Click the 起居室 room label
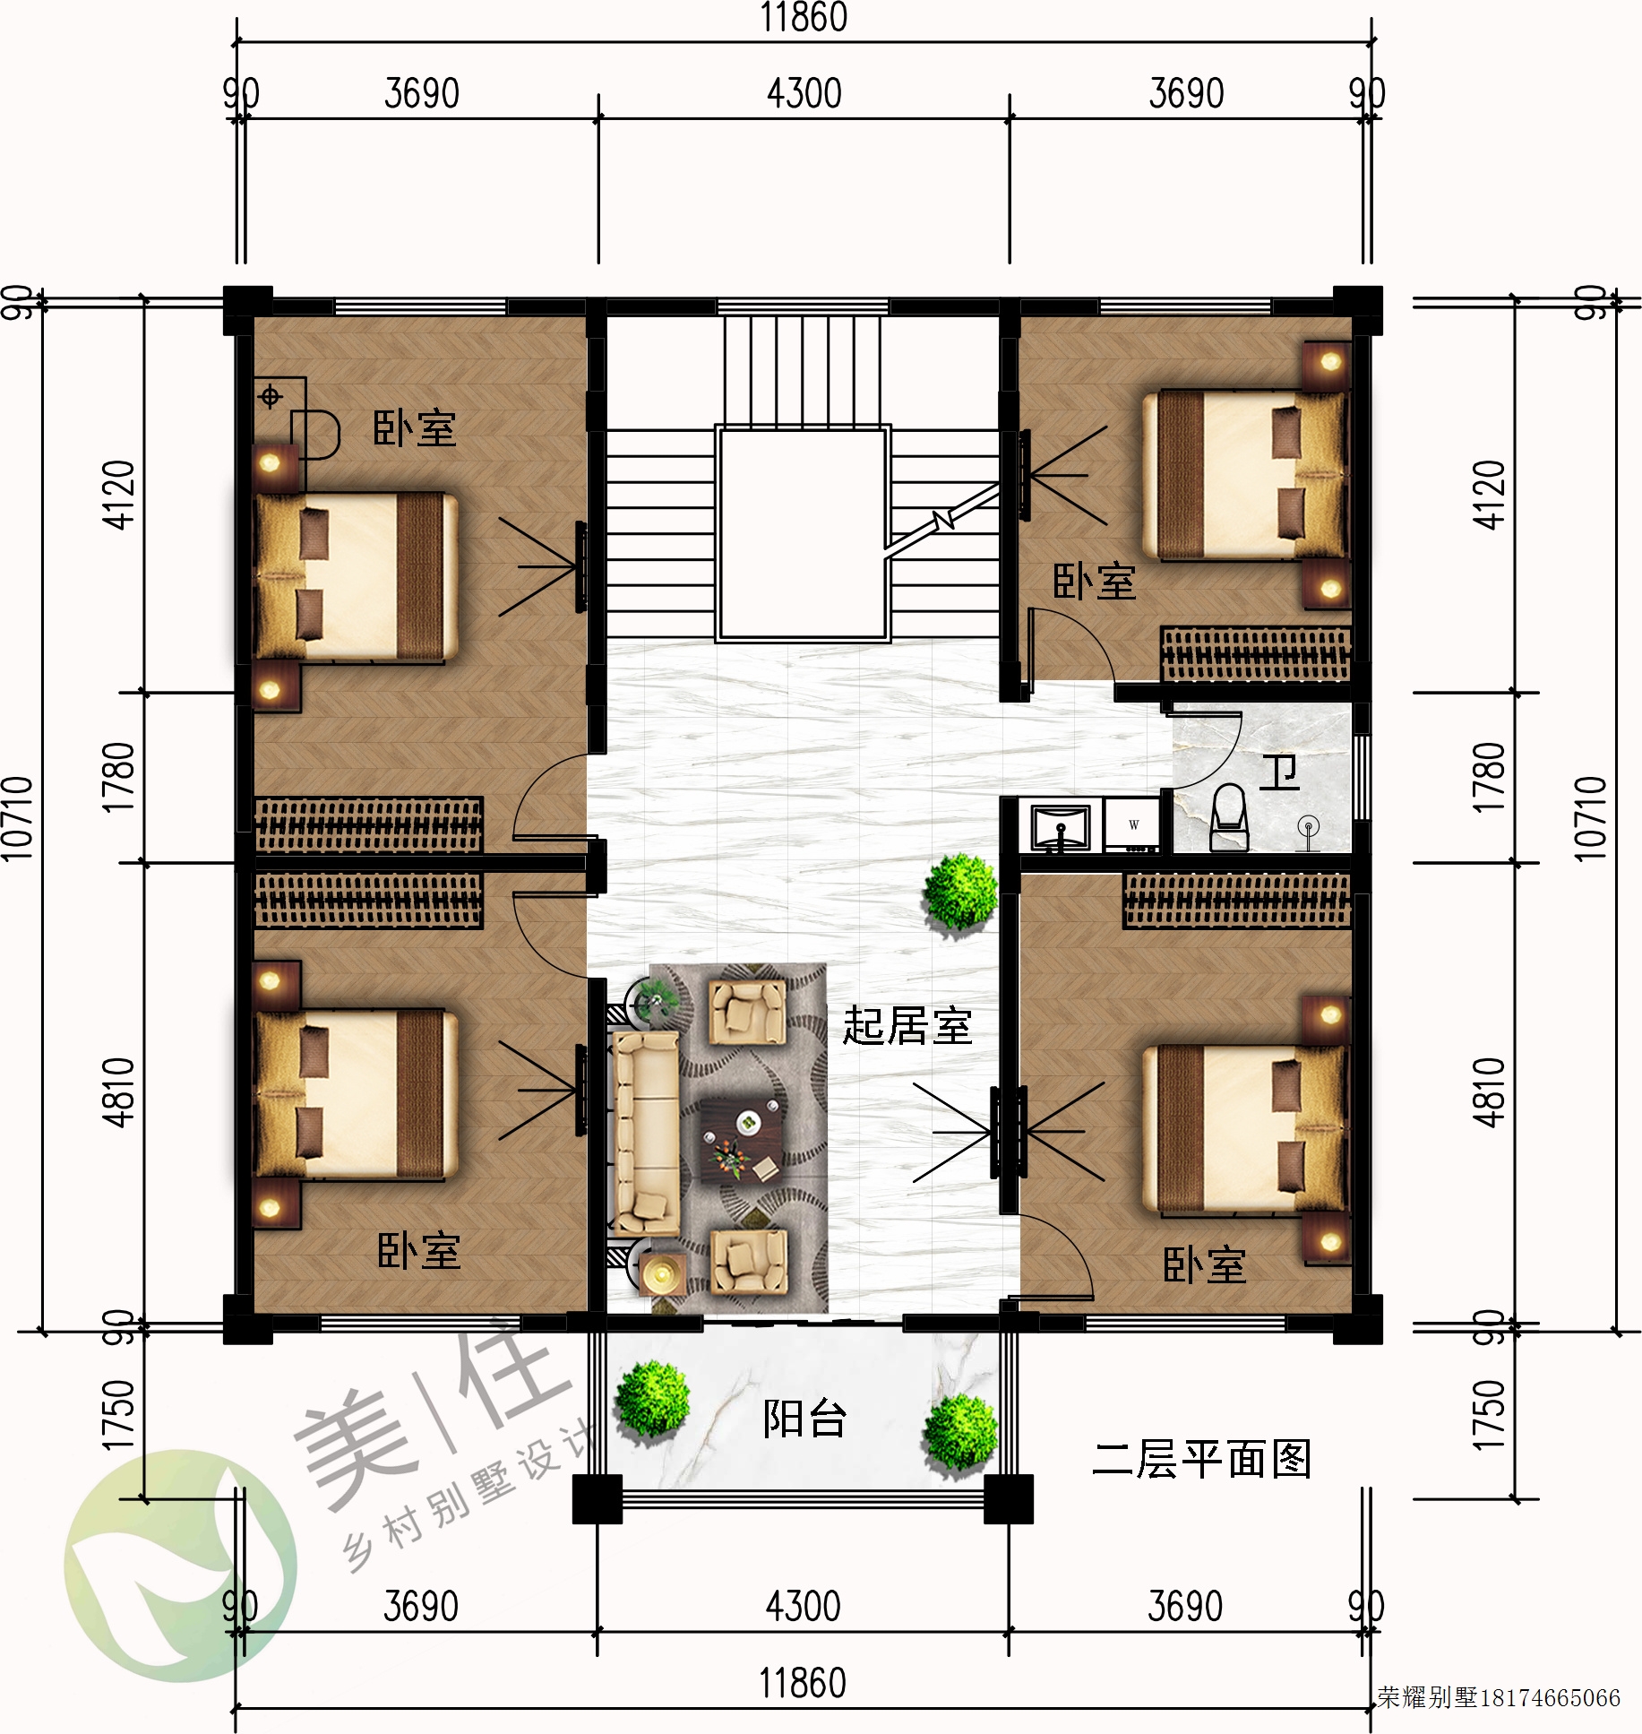pyautogui.click(x=907, y=1026)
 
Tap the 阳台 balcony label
pyautogui.click(x=804, y=1418)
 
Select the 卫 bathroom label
pyautogui.click(x=1279, y=772)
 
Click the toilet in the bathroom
pyautogui.click(x=1229, y=817)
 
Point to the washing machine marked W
pyautogui.click(x=1133, y=824)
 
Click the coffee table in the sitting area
pyautogui.click(x=740, y=1139)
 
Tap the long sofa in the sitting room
pyautogui.click(x=645, y=1134)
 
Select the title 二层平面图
pyautogui.click(x=1201, y=1460)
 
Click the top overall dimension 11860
pyautogui.click(x=804, y=18)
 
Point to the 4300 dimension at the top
pyautogui.click(x=804, y=93)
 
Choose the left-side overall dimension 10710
pyautogui.click(x=18, y=818)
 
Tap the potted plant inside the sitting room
pyautogui.click(x=960, y=893)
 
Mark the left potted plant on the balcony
pyautogui.click(x=652, y=1399)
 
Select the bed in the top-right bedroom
pyautogui.click(x=1245, y=475)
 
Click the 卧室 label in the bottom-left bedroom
pyautogui.click(x=418, y=1251)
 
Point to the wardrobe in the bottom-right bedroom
pyautogui.click(x=1237, y=901)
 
